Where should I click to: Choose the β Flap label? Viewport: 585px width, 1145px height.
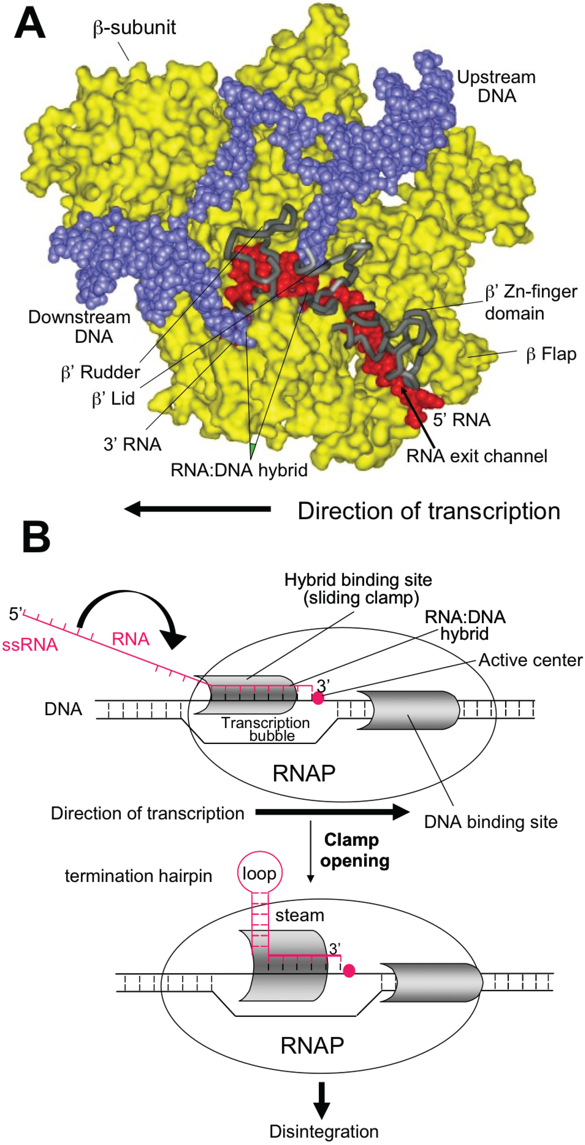pyautogui.click(x=551, y=354)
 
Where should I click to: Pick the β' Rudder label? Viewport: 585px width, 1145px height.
pyautogui.click(x=101, y=372)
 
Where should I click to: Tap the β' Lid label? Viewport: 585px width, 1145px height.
pyautogui.click(x=113, y=399)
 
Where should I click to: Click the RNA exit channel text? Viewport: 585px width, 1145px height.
pyautogui.click(x=477, y=456)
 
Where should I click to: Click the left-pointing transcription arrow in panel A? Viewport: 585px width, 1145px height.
pyautogui.click(x=197, y=509)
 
